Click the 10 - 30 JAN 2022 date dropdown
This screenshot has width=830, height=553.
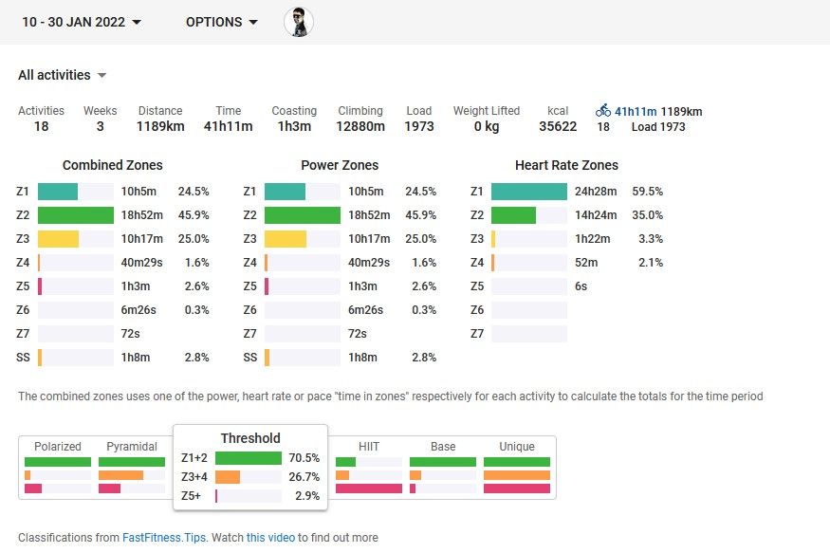click(82, 22)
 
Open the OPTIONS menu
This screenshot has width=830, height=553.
click(221, 22)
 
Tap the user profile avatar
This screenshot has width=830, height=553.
click(299, 22)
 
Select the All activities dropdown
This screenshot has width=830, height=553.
click(62, 75)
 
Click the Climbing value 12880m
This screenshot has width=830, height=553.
click(360, 126)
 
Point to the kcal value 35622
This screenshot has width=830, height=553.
click(558, 126)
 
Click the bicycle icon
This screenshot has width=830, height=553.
click(603, 111)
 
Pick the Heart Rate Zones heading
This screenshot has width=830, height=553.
click(566, 165)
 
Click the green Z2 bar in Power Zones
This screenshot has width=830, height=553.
click(302, 215)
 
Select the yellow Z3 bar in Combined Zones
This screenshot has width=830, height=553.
click(59, 239)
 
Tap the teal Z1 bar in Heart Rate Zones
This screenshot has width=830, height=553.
click(528, 192)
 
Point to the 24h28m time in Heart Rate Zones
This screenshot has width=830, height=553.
click(597, 192)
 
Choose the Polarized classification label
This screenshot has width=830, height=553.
click(58, 447)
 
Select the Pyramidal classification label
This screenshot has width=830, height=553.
click(132, 447)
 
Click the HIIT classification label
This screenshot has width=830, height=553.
click(369, 447)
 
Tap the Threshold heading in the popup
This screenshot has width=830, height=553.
click(250, 438)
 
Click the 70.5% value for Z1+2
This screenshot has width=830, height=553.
click(304, 458)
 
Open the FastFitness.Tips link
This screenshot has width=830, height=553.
click(164, 538)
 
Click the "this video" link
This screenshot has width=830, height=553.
click(270, 538)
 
